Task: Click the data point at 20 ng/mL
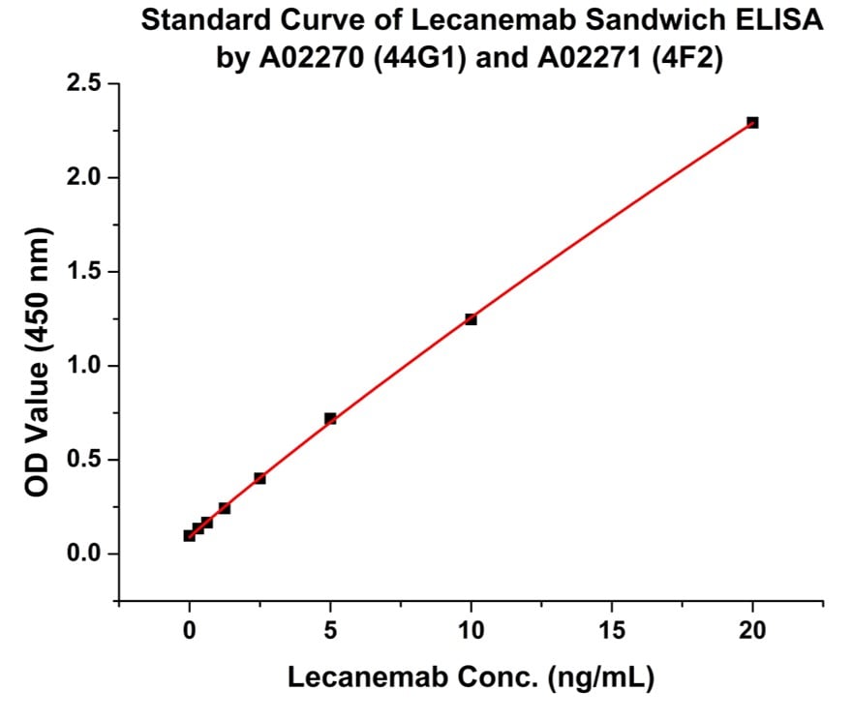(752, 123)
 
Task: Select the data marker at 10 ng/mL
(471, 319)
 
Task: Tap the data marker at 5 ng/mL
(330, 419)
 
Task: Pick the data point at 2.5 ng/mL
(259, 478)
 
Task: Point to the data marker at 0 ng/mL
(190, 535)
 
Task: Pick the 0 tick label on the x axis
(190, 630)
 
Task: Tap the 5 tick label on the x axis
(330, 630)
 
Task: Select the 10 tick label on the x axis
(471, 630)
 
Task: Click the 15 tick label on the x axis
(611, 630)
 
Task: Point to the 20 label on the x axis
(752, 630)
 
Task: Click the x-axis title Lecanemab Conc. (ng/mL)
(471, 678)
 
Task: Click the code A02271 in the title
(552, 56)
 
